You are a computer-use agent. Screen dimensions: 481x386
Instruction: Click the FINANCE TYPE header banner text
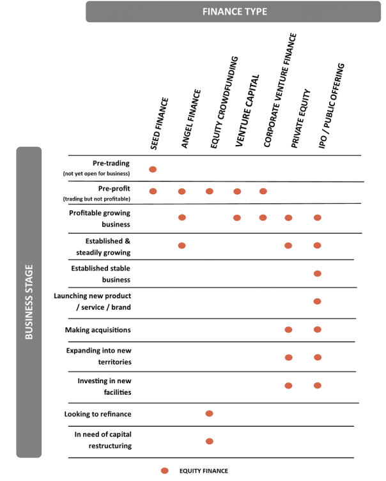[235, 11]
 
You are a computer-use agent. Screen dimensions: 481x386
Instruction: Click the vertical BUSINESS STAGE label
[29, 302]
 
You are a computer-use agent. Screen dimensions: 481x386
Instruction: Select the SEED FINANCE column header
[160, 124]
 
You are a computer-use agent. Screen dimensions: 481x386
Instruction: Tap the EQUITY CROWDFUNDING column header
[224, 103]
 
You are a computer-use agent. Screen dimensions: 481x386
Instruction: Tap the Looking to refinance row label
[97, 414]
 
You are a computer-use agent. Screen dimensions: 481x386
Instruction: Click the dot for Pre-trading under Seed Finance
[153, 169]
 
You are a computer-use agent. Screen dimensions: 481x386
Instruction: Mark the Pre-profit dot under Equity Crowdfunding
[209, 191]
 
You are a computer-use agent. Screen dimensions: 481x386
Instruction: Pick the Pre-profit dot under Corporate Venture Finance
[263, 191]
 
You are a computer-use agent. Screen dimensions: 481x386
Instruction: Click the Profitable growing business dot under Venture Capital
[237, 218]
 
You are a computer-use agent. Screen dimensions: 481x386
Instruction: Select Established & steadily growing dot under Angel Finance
[181, 245]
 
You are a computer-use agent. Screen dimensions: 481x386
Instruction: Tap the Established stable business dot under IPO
[317, 273]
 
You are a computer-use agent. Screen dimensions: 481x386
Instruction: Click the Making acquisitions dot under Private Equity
[288, 330]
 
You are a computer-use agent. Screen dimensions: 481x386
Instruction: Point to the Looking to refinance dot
[209, 413]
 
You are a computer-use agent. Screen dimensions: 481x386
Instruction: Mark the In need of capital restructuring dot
[209, 441]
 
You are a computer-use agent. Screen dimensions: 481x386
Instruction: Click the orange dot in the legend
[164, 471]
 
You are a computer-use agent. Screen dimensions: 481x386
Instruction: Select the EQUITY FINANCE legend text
[203, 471]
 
